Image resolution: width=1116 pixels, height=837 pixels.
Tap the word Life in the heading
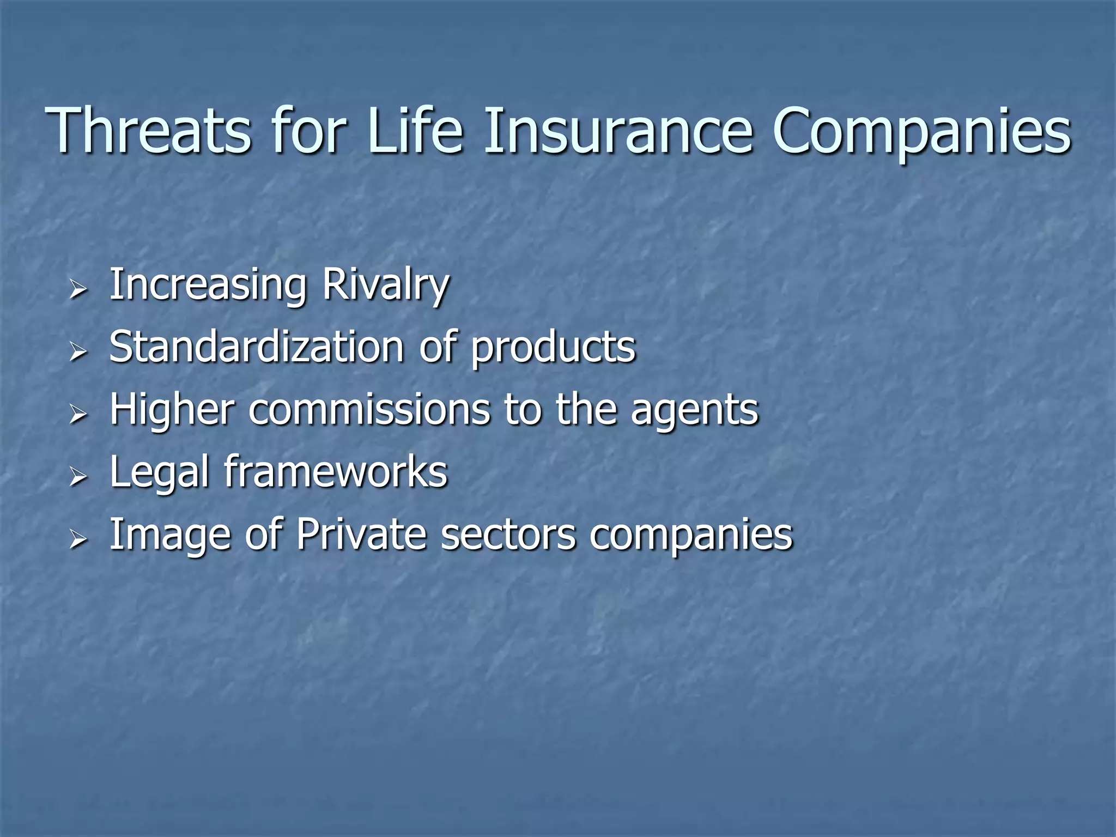pyautogui.click(x=415, y=131)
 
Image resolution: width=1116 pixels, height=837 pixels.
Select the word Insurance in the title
pyautogui.click(x=618, y=131)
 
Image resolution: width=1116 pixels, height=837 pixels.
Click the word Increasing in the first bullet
pyautogui.click(x=208, y=286)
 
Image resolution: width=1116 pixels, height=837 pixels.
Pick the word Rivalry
pyautogui.click(x=386, y=286)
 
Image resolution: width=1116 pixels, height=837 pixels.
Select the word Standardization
pyautogui.click(x=257, y=347)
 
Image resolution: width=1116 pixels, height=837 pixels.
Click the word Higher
pyautogui.click(x=172, y=410)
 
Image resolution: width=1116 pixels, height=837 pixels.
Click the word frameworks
pyautogui.click(x=336, y=471)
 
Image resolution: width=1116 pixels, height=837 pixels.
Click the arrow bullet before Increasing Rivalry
pyautogui.click(x=78, y=289)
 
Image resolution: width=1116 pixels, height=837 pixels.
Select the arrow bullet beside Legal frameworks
pyautogui.click(x=78, y=477)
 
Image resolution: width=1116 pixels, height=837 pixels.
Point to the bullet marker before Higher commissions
pyautogui.click(x=78, y=414)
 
